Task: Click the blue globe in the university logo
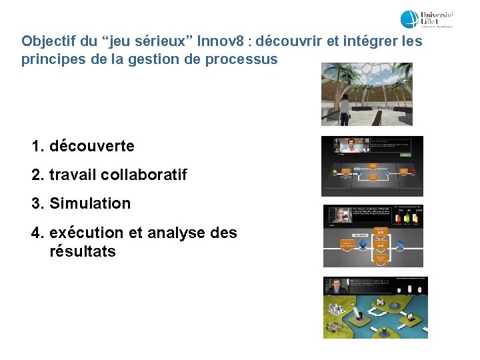tap(409, 19)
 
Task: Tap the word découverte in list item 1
tap(92, 146)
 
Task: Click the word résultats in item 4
tap(83, 252)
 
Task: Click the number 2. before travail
tap(38, 175)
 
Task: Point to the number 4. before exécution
tap(38, 233)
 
